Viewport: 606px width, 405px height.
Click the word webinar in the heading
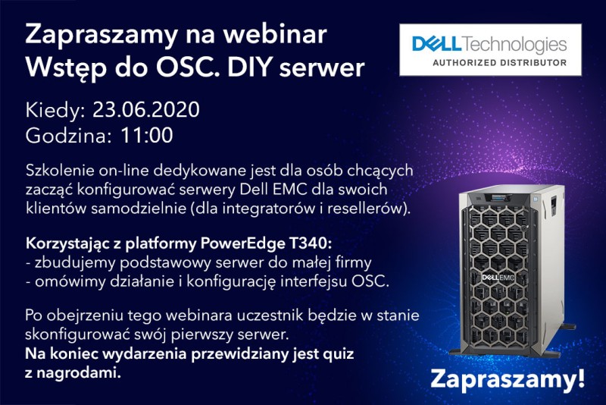pos(275,34)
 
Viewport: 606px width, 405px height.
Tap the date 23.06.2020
pos(146,109)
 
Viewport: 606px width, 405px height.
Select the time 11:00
pos(147,136)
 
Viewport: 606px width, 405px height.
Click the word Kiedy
pos(55,111)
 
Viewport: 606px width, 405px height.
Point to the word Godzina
pos(68,136)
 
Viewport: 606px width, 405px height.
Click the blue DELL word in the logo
pos(437,44)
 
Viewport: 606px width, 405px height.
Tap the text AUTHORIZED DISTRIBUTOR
pos(499,62)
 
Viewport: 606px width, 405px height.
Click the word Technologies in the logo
pos(514,45)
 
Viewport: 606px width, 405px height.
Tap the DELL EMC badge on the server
pos(498,278)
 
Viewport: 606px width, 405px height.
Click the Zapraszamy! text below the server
pos(508,379)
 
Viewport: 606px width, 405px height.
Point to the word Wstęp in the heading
pos(61,68)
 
